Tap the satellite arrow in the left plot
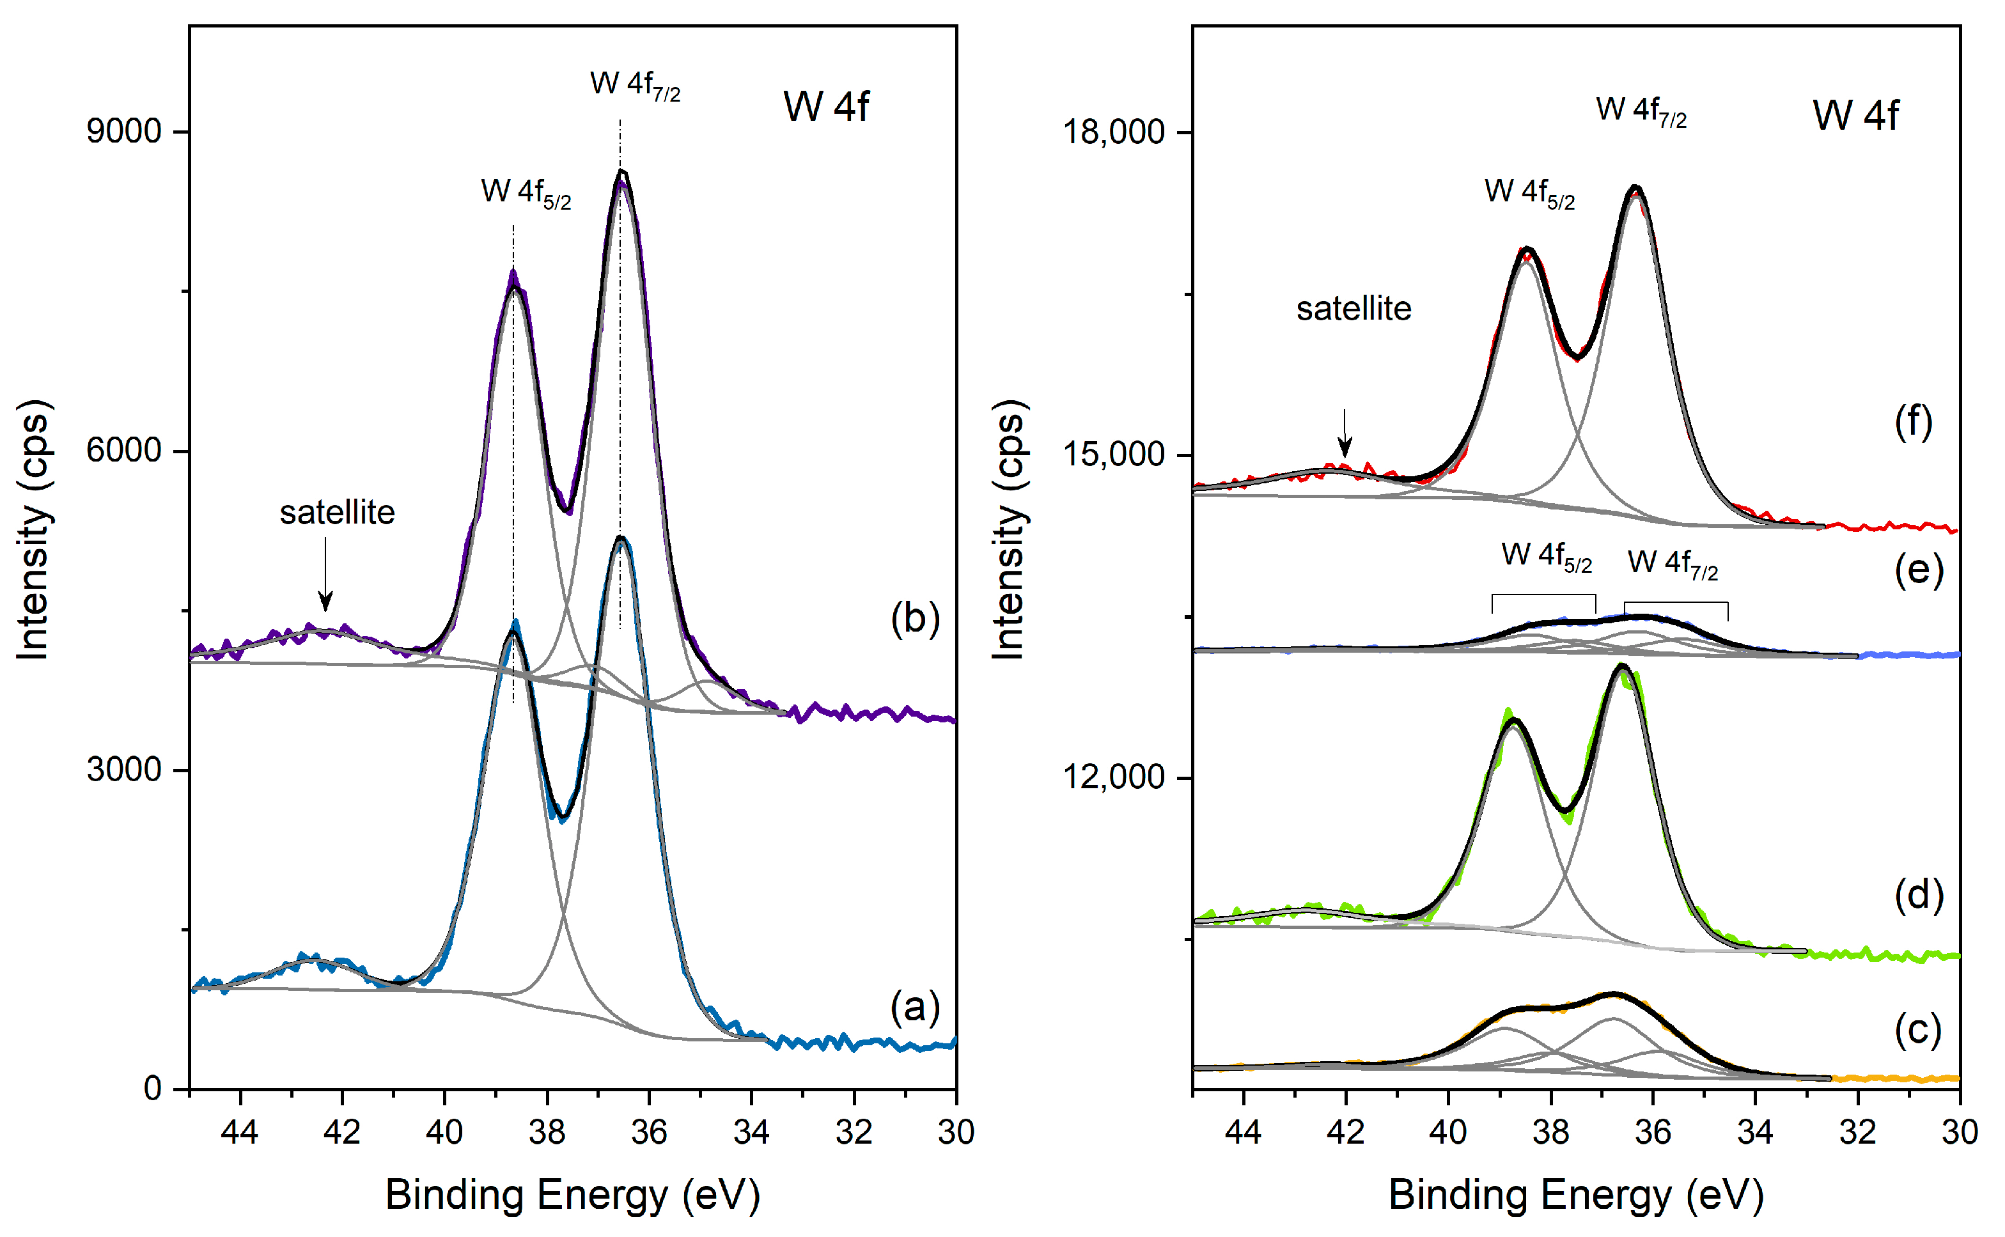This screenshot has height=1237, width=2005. coord(325,573)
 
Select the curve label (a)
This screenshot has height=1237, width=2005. coord(914,1006)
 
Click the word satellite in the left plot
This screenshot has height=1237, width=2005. coord(337,513)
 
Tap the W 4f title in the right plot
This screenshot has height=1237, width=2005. coord(1855,114)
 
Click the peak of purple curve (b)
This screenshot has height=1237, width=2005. coord(621,173)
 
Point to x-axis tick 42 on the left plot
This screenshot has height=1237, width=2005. coord(342,1132)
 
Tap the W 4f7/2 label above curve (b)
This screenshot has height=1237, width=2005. coord(635,85)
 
